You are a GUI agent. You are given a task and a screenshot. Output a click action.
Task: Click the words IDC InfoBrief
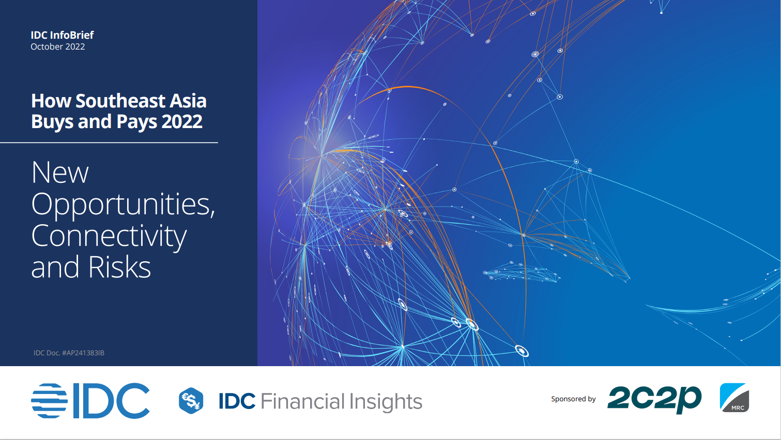tap(62, 35)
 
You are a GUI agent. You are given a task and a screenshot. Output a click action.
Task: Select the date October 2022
tap(57, 46)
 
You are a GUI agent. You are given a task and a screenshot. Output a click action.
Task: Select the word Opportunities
tap(122, 205)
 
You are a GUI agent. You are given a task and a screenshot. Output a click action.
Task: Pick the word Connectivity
tap(109, 237)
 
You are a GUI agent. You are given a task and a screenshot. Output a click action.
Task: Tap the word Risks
tap(119, 267)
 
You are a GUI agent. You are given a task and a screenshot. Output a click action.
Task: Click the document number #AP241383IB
tap(83, 353)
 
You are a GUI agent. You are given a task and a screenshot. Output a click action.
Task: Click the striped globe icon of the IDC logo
tap(49, 401)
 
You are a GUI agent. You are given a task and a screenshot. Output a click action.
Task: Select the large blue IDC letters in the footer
tap(111, 401)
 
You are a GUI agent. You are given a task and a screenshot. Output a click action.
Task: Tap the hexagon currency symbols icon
tap(191, 401)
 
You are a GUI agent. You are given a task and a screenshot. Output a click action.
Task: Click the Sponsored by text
tap(573, 399)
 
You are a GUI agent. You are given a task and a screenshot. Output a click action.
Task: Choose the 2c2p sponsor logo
tap(654, 400)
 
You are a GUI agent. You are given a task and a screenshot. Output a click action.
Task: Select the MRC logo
tap(734, 398)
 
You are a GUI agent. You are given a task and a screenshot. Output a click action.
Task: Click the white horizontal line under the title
tap(109, 143)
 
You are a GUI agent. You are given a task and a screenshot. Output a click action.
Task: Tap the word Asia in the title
tap(188, 101)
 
